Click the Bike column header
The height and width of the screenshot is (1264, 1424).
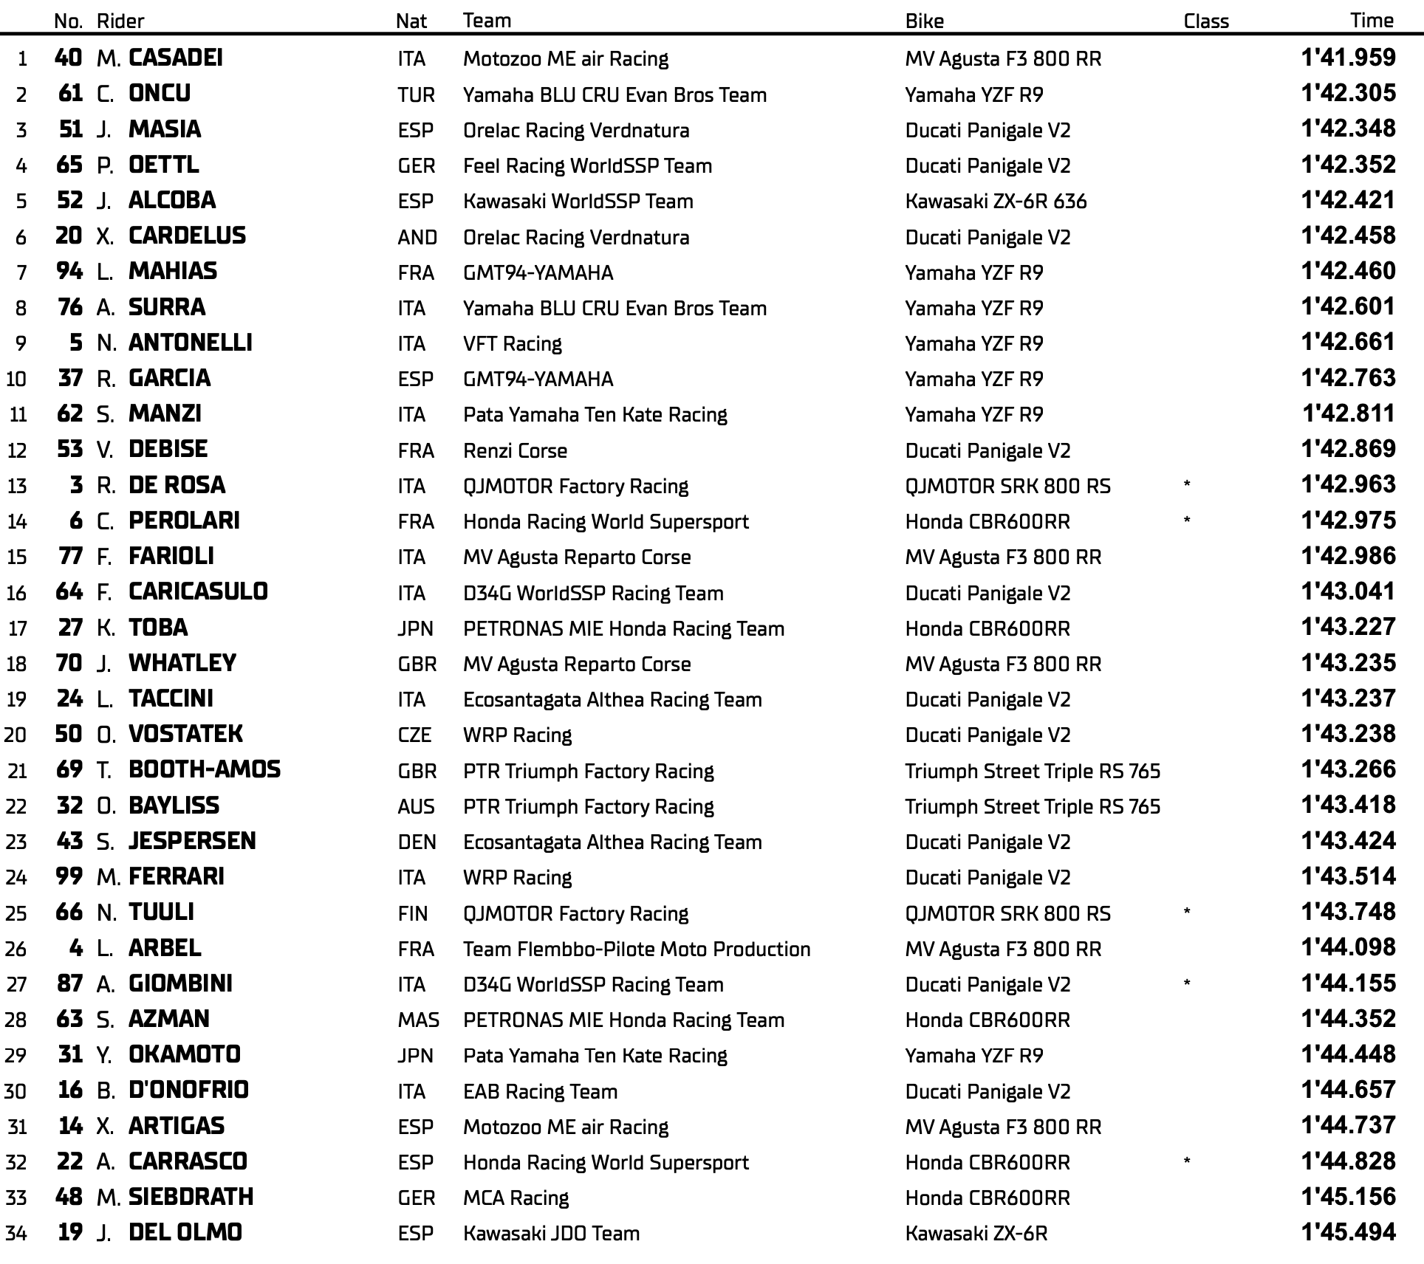924,21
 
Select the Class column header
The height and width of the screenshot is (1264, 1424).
1205,21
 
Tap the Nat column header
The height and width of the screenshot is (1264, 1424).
411,21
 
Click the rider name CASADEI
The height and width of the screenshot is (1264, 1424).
176,58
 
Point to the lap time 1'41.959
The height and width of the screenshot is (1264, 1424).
1348,58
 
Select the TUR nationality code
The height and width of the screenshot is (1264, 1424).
416,95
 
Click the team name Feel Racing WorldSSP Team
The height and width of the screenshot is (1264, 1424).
587,165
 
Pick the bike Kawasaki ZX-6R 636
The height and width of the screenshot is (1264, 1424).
996,201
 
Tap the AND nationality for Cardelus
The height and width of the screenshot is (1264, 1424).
417,237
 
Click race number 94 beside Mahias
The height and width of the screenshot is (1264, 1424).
69,271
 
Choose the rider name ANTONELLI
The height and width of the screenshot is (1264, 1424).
191,343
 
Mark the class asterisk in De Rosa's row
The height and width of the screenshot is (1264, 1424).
1187,485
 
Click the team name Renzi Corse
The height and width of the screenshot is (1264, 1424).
515,450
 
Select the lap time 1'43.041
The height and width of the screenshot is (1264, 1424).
1348,591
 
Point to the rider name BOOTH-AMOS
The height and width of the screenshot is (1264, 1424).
205,769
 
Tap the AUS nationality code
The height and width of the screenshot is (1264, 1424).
416,806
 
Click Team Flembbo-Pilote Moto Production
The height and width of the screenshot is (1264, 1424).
636,949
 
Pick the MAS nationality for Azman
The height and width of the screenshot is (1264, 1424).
418,1020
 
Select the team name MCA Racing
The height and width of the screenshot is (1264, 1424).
516,1198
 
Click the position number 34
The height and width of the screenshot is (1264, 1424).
16,1233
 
